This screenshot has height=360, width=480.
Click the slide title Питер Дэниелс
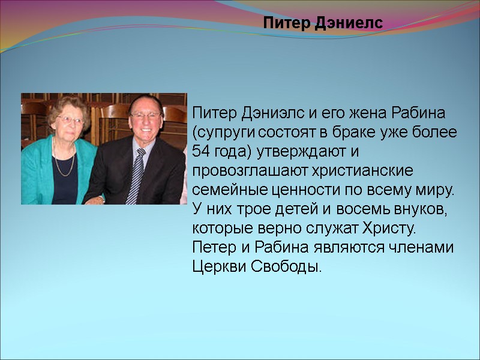[323, 24]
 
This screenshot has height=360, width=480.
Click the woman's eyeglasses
[71, 120]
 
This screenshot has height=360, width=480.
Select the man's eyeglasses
[146, 115]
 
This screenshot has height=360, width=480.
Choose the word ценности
[290, 190]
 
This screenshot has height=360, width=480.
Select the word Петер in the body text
[209, 247]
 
